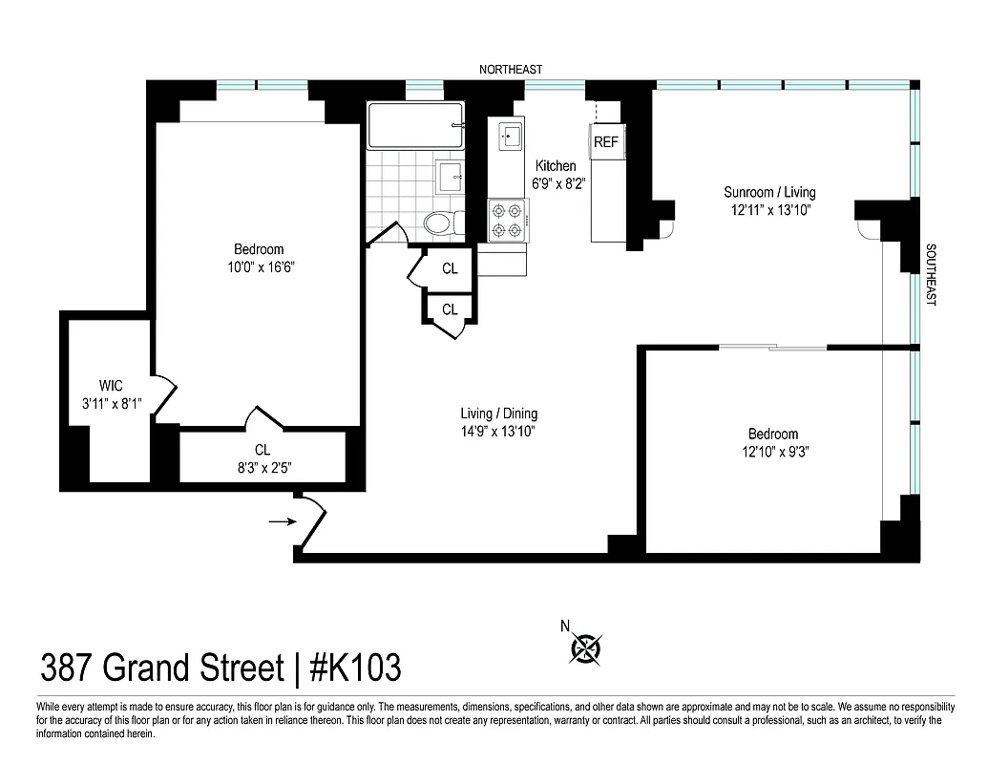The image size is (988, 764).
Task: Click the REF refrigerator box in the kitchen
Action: pyautogui.click(x=606, y=142)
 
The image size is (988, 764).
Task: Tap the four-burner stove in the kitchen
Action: pyautogui.click(x=506, y=220)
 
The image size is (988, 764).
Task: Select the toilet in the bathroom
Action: pyautogui.click(x=439, y=224)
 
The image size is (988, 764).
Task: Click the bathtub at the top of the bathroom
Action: pyautogui.click(x=415, y=125)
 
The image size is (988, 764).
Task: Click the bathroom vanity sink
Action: pyautogui.click(x=450, y=177)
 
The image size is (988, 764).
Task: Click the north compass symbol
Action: pyautogui.click(x=584, y=648)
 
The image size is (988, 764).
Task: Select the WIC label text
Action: pyautogui.click(x=112, y=387)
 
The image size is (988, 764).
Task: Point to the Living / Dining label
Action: pyautogui.click(x=498, y=414)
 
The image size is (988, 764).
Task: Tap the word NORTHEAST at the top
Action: pyautogui.click(x=511, y=69)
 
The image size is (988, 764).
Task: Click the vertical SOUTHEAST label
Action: pyautogui.click(x=932, y=274)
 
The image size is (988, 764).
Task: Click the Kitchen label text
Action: pyautogui.click(x=555, y=166)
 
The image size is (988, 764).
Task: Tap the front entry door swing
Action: pyautogui.click(x=312, y=520)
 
